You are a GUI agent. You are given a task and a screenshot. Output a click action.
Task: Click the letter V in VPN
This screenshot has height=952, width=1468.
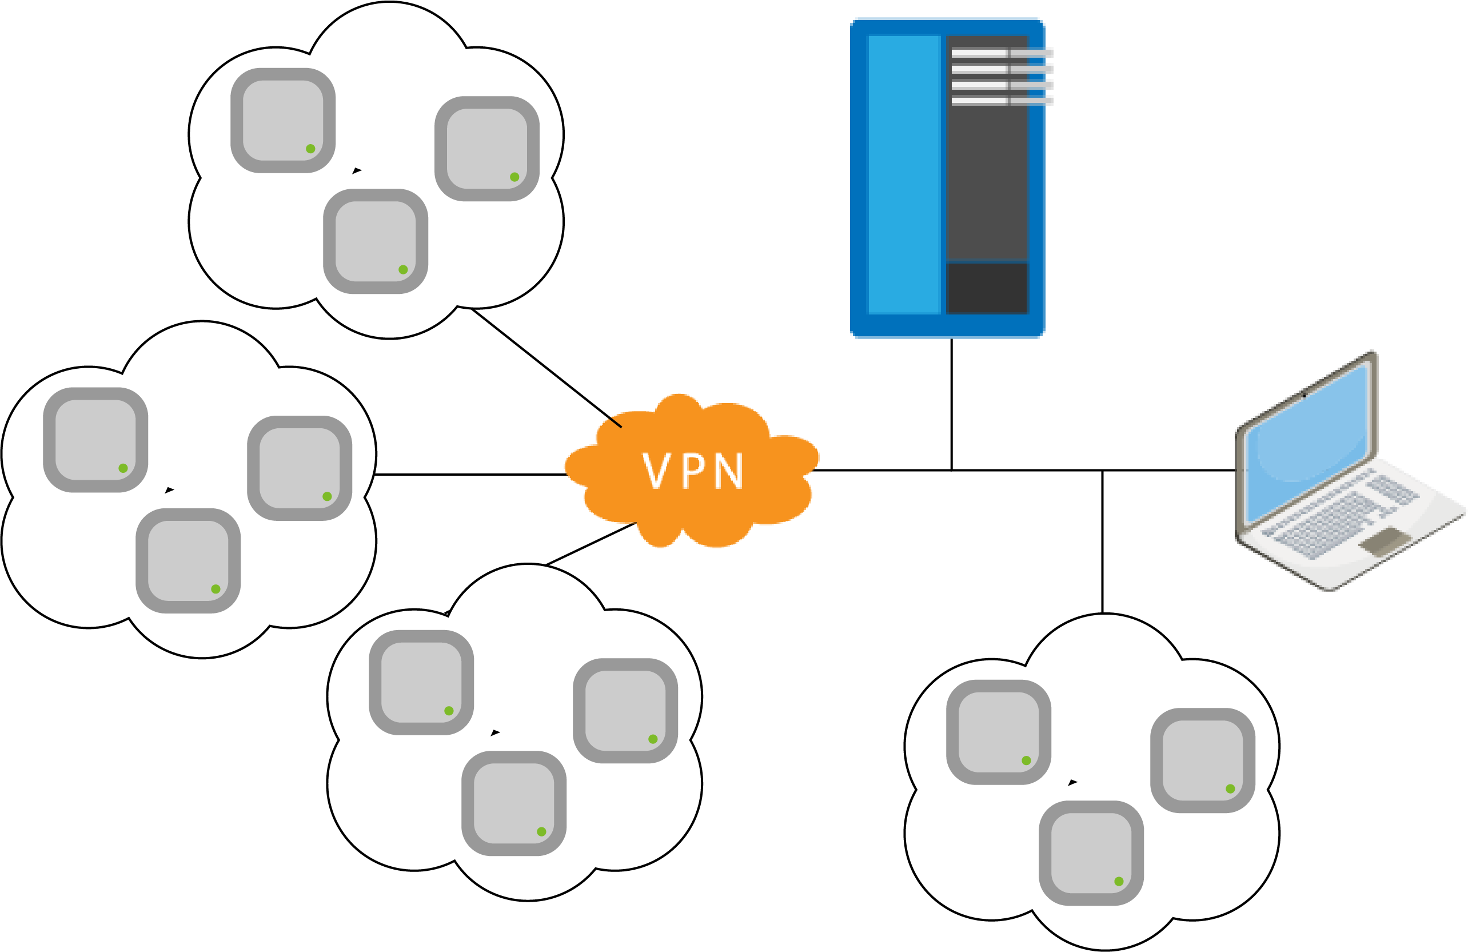click(x=655, y=471)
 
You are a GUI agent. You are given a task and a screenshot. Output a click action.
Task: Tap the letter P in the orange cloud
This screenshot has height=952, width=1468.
click(x=694, y=471)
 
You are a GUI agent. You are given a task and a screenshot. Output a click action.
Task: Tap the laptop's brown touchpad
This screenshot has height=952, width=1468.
click(x=1385, y=540)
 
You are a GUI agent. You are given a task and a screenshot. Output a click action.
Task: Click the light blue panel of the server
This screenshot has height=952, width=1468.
click(x=904, y=174)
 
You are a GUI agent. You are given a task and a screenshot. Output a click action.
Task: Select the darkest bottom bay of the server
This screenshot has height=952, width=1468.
click(x=987, y=288)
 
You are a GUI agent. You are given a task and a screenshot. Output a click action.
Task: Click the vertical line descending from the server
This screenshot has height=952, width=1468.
click(x=951, y=404)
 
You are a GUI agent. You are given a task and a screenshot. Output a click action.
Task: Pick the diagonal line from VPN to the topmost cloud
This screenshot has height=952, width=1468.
click(x=546, y=368)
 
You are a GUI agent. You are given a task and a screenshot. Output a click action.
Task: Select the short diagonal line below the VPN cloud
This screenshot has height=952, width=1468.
click(x=591, y=544)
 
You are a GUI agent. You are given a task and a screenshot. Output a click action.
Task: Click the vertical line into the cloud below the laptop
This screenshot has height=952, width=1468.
click(x=1102, y=541)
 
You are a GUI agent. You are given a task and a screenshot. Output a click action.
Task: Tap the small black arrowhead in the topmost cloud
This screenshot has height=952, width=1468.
click(x=357, y=170)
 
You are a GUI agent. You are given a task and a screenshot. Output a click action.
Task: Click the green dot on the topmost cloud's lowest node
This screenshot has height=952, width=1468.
click(x=403, y=270)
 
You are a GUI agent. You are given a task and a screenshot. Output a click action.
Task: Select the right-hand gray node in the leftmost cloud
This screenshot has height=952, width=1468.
click(x=300, y=468)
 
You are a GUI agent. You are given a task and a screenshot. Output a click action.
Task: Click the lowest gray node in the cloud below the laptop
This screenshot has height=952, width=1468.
click(x=1091, y=853)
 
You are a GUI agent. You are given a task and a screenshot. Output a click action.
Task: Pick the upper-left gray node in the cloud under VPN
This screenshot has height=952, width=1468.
click(x=421, y=682)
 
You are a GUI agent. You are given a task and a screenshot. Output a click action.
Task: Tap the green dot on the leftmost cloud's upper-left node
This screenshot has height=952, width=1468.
click(x=123, y=468)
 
